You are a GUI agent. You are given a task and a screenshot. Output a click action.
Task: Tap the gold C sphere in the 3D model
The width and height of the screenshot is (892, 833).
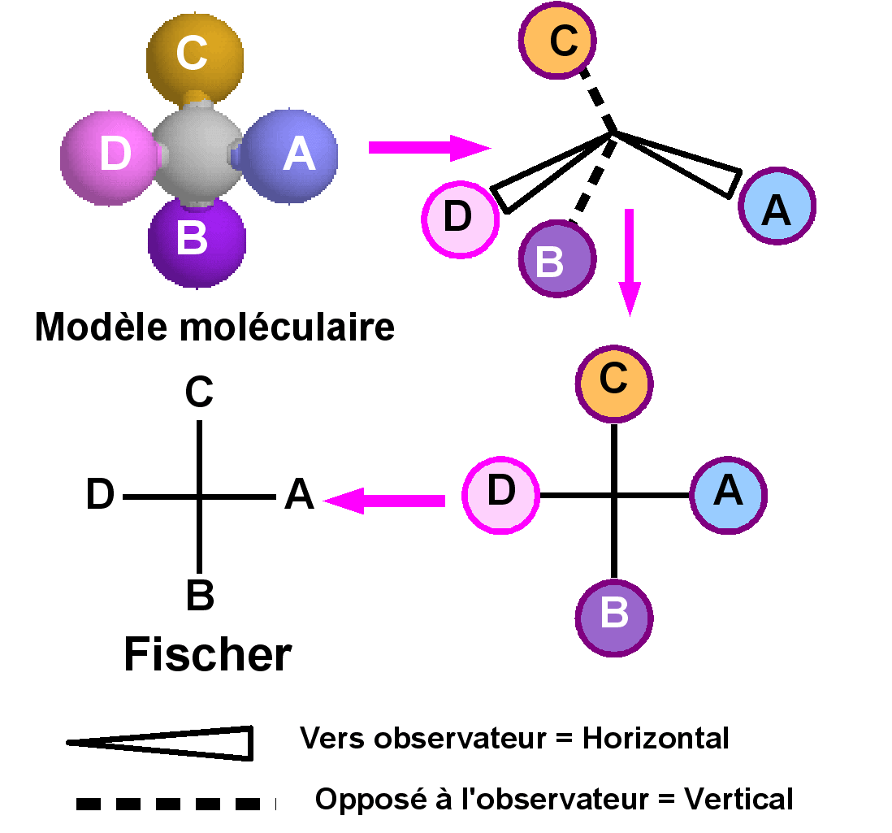pyautogui.click(x=194, y=55)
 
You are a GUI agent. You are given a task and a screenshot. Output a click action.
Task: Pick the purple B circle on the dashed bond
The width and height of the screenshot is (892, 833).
pyautogui.click(x=557, y=259)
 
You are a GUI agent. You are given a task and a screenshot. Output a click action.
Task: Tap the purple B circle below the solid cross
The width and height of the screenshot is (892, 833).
pyautogui.click(x=614, y=616)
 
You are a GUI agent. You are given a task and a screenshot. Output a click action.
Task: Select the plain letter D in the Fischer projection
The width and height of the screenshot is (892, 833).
pyautogui.click(x=101, y=496)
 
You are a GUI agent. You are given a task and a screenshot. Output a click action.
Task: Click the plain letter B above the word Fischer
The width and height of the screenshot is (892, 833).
pyautogui.click(x=200, y=595)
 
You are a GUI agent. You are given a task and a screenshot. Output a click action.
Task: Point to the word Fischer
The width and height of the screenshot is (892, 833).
pyautogui.click(x=208, y=654)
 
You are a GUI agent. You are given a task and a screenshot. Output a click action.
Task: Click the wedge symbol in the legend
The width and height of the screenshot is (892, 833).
pyautogui.click(x=162, y=742)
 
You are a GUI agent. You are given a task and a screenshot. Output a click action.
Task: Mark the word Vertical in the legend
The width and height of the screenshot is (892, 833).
pyautogui.click(x=738, y=800)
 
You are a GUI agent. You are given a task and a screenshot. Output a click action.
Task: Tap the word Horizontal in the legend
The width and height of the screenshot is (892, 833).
pyautogui.click(x=656, y=739)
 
